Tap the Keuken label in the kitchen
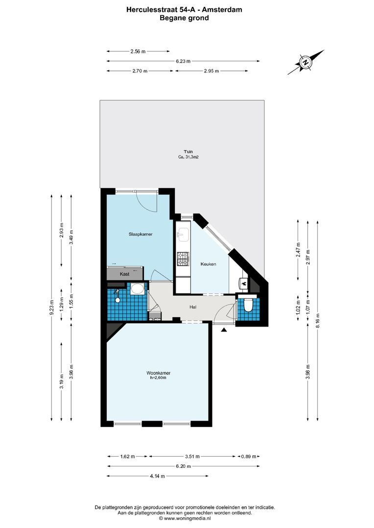click(208, 264)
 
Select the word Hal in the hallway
click(193, 308)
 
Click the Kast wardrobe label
click(125, 274)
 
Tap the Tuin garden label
click(182, 152)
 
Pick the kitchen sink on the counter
click(183, 235)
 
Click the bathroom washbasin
click(138, 288)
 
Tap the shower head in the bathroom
click(117, 292)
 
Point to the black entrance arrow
click(224, 330)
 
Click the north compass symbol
click(306, 62)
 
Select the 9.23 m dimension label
click(51, 308)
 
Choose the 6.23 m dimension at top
click(183, 61)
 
